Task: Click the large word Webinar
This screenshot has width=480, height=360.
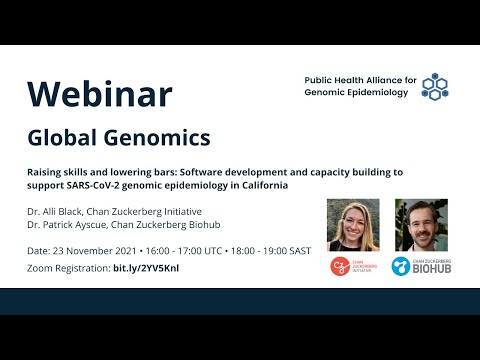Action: click(x=100, y=93)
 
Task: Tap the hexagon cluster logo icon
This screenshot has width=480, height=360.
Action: click(x=435, y=86)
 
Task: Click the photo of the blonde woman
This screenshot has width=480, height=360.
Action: click(x=352, y=225)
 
